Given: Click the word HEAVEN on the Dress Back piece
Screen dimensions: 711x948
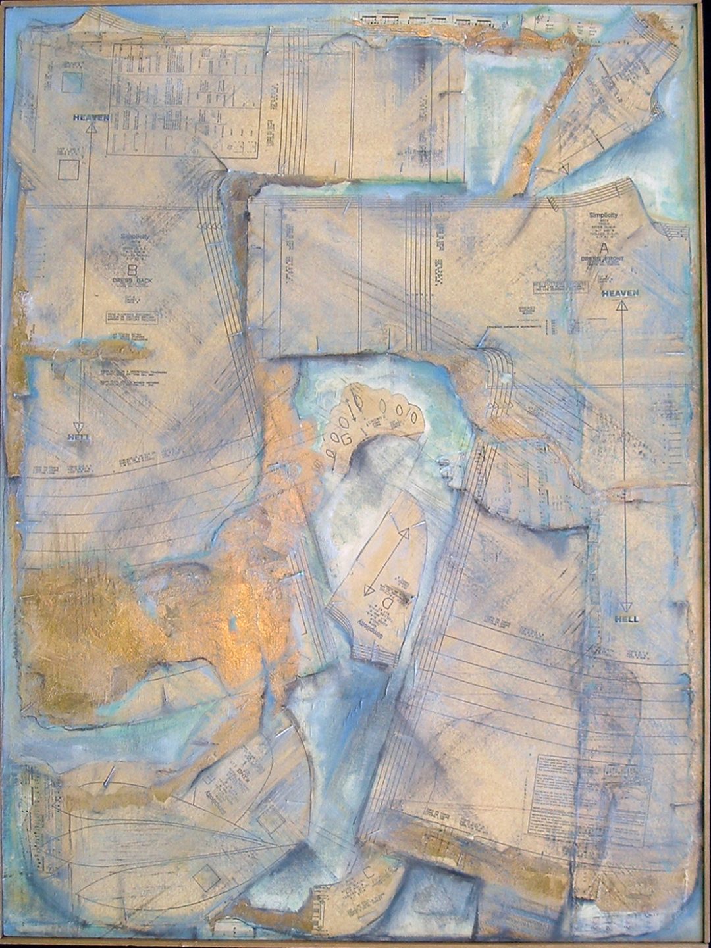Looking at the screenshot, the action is pyautogui.click(x=90, y=118).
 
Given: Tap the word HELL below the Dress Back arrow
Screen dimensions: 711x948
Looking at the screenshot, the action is pyautogui.click(x=78, y=437).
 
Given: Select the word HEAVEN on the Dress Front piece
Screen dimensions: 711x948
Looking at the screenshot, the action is pyautogui.click(x=619, y=293).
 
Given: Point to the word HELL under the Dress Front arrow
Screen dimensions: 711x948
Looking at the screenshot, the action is pyautogui.click(x=626, y=619).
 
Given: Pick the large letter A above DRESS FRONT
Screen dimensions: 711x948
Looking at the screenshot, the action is pyautogui.click(x=603, y=248).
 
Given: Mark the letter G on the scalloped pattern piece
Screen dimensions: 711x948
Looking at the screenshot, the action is pyautogui.click(x=349, y=437).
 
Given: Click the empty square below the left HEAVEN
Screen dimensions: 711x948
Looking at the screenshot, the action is pyautogui.click(x=68, y=170).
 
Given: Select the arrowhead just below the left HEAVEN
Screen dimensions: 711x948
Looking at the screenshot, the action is pyautogui.click(x=90, y=130).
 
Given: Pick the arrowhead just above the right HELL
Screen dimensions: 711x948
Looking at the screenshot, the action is pyautogui.click(x=626, y=607).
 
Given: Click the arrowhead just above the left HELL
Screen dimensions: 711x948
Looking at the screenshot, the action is pyautogui.click(x=78, y=426).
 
